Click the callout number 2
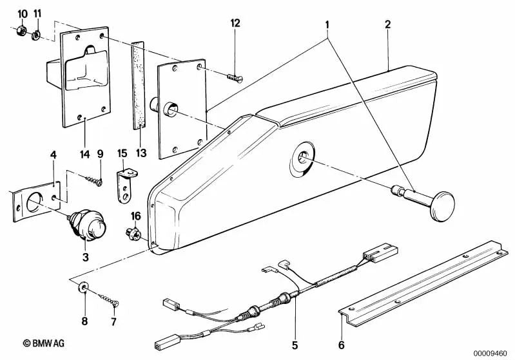coord(387,25)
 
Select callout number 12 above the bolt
coord(235,23)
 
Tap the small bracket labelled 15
coord(124,184)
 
